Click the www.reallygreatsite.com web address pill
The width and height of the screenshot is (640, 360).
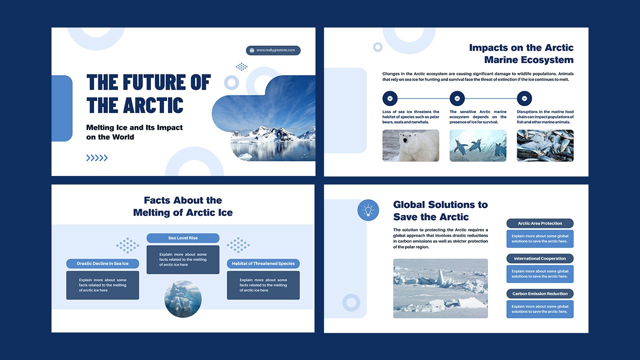coord(273,50)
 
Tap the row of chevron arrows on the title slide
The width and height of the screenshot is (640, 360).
coord(97,158)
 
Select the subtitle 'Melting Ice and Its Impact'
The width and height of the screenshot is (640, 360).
coord(134,127)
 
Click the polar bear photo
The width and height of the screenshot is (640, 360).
coord(410,145)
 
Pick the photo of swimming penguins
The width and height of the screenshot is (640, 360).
coord(477,145)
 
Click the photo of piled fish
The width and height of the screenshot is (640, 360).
coord(545,145)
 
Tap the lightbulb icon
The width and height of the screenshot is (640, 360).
coord(368,210)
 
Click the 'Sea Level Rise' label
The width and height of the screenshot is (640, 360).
coord(183,238)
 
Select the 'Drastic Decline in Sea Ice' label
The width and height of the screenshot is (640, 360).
coord(102,263)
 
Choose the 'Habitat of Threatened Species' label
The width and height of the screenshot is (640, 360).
coord(263,263)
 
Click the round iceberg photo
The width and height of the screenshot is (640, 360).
coord(183,298)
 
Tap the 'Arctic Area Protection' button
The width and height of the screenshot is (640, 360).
coord(540,223)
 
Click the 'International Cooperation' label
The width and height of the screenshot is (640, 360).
coord(540,258)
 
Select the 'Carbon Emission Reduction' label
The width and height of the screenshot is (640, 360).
coord(540,293)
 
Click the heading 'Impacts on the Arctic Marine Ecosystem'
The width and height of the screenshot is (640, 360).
coord(521,53)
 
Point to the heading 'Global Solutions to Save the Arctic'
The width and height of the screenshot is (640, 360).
coord(440,210)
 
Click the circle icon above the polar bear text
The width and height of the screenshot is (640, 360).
coord(390,98)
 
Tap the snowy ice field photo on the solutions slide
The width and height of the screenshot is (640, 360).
coord(440,288)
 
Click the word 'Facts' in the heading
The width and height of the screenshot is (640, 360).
coord(157,200)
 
